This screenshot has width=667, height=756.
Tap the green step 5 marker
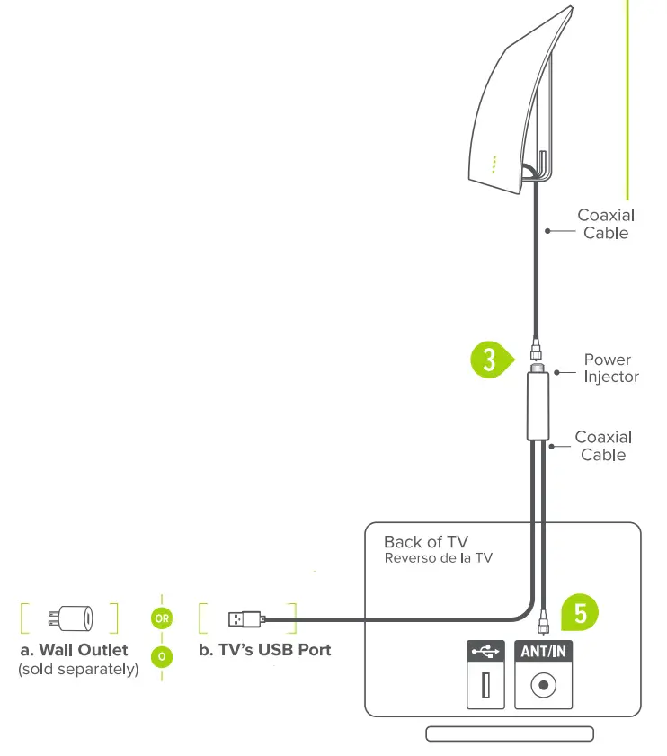[580, 613]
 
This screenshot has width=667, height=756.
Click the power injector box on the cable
[538, 408]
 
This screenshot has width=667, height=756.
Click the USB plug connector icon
[245, 618]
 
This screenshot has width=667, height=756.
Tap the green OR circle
[162, 618]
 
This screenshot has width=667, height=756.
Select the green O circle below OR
[162, 656]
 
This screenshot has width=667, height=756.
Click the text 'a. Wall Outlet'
[74, 649]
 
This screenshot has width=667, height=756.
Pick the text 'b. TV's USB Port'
[264, 649]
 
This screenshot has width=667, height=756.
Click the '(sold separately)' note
[78, 670]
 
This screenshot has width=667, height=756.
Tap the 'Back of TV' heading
[425, 542]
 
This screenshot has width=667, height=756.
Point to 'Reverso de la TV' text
[438, 558]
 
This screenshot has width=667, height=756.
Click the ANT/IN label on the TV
[543, 651]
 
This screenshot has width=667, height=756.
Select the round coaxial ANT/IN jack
[543, 686]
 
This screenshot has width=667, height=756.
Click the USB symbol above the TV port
[486, 651]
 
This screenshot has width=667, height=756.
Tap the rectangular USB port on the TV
[486, 686]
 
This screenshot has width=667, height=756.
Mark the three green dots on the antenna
[494, 165]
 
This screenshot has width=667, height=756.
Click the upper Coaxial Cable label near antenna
[605, 224]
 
